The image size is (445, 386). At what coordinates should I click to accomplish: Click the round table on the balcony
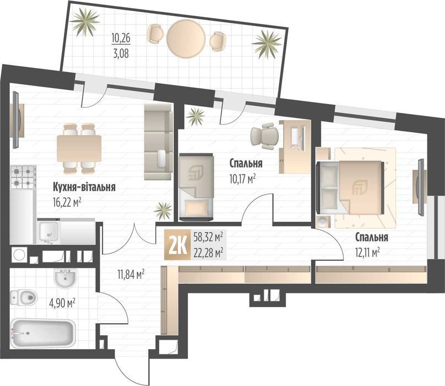point(186,37)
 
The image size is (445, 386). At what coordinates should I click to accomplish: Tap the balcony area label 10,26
point(122,39)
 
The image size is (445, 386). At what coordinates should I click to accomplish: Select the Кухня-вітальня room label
point(84,187)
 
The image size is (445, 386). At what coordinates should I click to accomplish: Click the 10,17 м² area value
point(243,178)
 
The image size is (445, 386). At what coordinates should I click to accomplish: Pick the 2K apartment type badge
point(176,245)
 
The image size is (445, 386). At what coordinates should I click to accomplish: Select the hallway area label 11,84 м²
point(131,273)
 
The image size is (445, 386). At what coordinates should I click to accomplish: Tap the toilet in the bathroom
point(22,298)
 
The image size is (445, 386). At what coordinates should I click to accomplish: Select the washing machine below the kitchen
point(19,255)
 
